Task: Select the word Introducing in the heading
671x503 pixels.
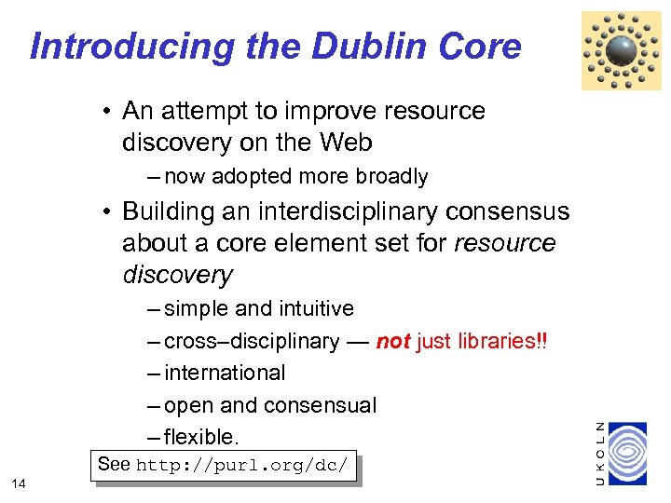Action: (130, 46)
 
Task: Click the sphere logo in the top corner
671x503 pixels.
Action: (621, 50)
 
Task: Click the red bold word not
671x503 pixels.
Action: (393, 341)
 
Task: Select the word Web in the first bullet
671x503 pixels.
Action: (347, 143)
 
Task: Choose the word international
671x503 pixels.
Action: (225, 373)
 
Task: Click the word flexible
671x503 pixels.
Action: (201, 437)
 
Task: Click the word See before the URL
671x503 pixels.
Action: (115, 464)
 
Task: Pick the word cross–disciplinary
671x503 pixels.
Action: (252, 341)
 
